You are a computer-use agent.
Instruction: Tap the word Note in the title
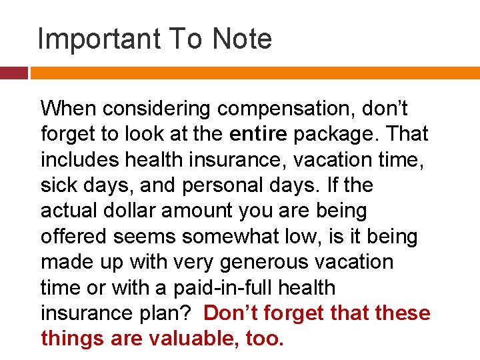pyautogui.click(x=242, y=39)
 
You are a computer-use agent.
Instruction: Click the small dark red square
pyautogui.click(x=13, y=73)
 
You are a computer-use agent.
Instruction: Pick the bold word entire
pyautogui.click(x=258, y=133)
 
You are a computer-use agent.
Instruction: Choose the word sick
pyautogui.click(x=59, y=185)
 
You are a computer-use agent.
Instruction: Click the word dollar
pyautogui.click(x=141, y=211)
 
